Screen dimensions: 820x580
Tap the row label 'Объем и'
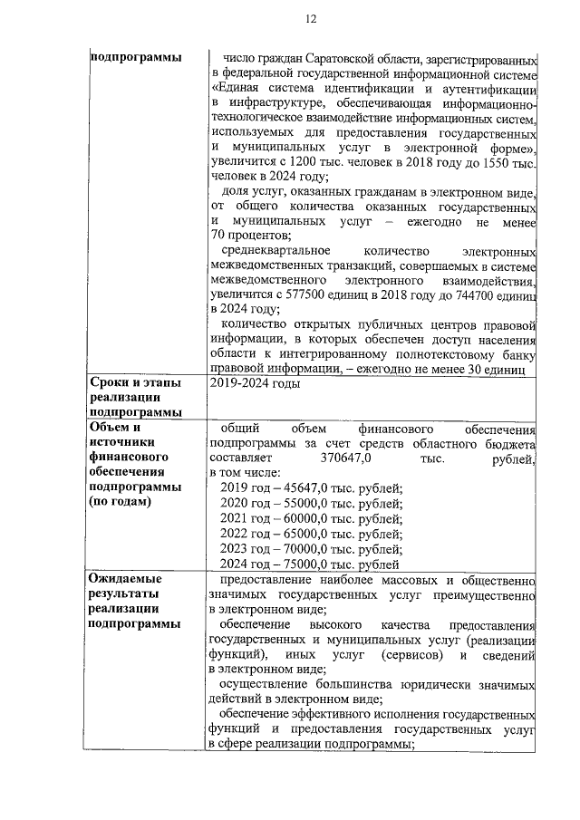[113, 428]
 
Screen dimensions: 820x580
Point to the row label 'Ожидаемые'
[125, 578]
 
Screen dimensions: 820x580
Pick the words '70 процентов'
[244, 236]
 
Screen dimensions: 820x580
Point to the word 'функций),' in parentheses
[238, 653]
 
